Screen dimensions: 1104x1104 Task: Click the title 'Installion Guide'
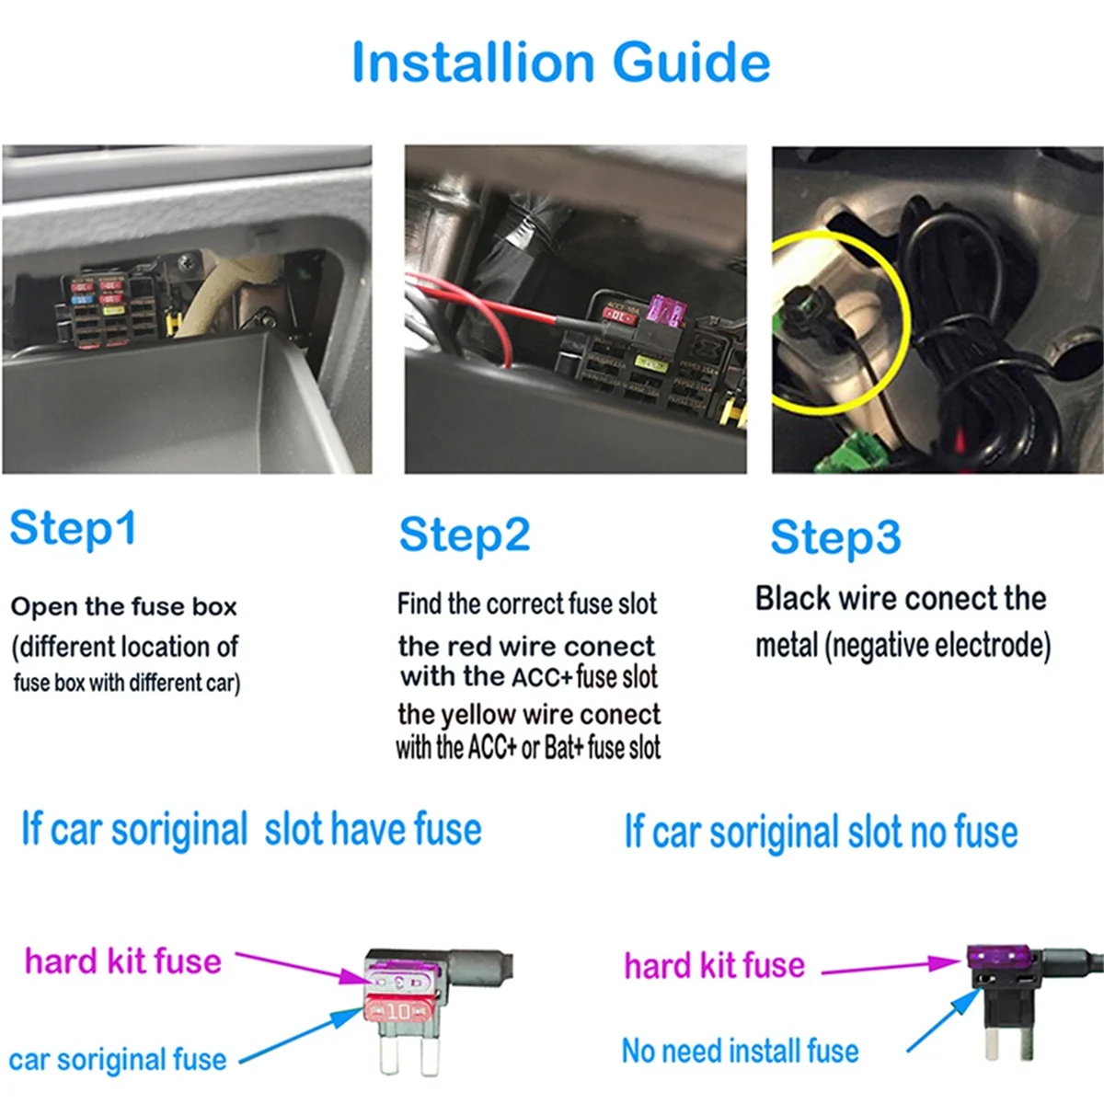tap(560, 63)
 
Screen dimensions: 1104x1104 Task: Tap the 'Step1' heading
tap(74, 529)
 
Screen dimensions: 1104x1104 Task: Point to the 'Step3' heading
tap(835, 538)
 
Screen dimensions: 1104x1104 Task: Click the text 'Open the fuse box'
tap(123, 607)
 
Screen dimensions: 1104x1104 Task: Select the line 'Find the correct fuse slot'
tap(527, 604)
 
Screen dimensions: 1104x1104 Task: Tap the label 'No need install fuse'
tap(740, 1051)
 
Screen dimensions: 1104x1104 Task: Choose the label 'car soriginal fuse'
tap(117, 1060)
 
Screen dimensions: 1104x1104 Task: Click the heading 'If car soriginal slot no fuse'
tap(821, 833)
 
